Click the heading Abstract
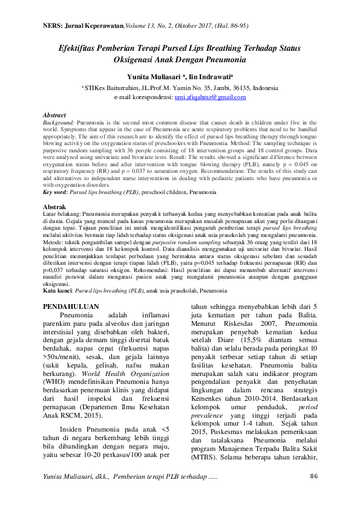56,114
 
